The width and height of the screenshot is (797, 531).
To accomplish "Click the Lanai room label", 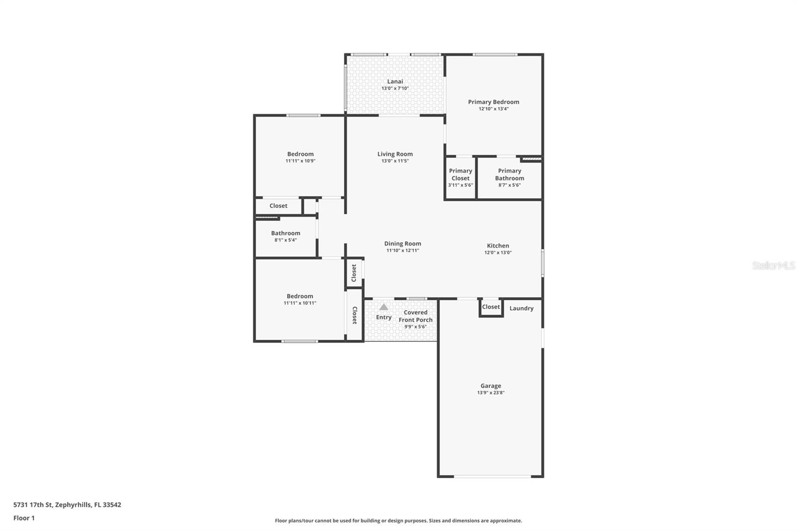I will (395, 82).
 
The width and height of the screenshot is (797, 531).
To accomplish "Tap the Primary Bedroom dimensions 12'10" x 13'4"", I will (494, 109).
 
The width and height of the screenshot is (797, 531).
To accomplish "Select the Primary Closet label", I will (460, 174).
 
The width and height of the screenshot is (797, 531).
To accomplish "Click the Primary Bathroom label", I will (510, 174).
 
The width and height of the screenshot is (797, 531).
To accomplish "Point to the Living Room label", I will (395, 154).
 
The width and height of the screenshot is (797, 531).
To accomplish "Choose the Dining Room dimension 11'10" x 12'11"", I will (402, 251).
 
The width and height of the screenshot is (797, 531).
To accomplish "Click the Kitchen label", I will (498, 246).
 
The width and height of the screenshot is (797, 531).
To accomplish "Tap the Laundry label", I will (521, 308).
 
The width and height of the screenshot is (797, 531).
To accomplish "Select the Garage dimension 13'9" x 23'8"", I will (491, 393).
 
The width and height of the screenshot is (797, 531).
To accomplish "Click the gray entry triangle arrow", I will (384, 307).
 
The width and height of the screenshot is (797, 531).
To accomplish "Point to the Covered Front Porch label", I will (415, 316).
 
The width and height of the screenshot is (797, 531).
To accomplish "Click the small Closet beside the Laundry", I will (491, 307).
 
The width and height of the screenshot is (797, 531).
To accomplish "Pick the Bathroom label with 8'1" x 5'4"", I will (285, 233).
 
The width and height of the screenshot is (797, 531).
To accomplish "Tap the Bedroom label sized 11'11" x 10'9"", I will (300, 154).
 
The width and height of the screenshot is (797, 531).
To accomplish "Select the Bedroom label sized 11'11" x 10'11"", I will (300, 296).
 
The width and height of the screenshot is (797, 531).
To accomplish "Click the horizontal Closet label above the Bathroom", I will (278, 206).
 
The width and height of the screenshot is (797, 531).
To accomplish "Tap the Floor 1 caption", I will (24, 518).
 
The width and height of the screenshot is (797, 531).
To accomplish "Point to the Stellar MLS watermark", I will (773, 265).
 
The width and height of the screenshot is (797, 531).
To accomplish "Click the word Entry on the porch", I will (384, 317).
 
